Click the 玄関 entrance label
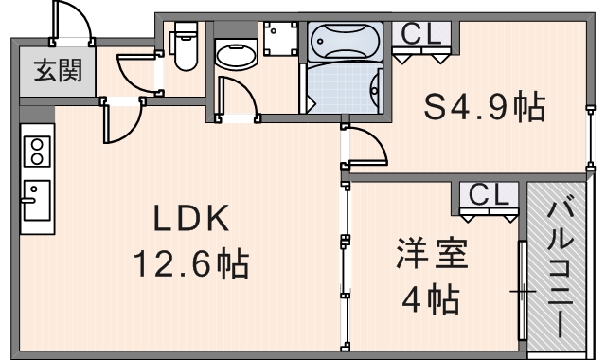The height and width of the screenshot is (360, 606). point(59,70)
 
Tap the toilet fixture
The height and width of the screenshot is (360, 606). point(182,45)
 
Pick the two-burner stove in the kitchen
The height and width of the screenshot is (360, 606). point(37,151)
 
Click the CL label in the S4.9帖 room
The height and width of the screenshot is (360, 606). point(422,34)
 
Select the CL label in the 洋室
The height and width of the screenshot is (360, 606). point(489,196)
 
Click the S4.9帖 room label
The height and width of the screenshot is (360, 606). point(484,107)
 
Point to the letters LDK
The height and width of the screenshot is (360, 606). point(193,220)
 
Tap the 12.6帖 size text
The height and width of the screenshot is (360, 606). point(193,262)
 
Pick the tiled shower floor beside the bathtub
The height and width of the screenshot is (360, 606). point(343,91)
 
